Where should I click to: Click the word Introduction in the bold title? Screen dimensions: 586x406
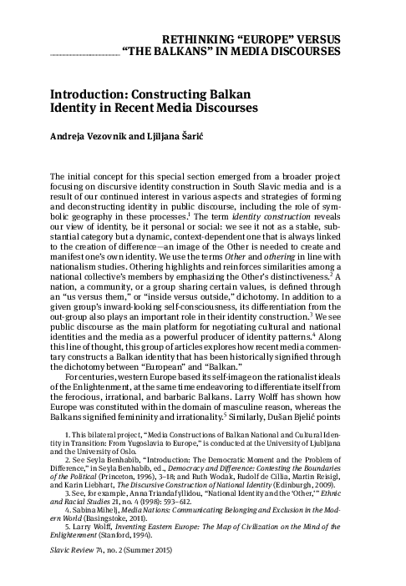point(88,95)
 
